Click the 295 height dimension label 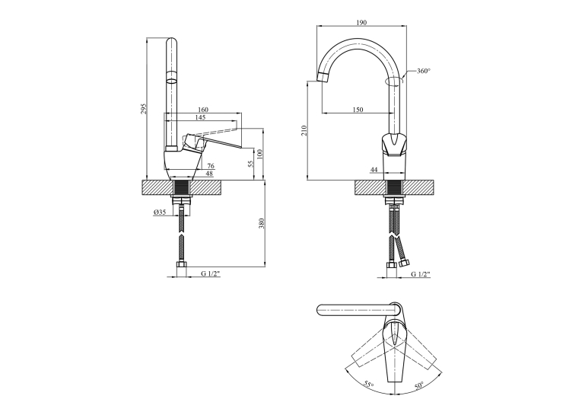[x=145, y=108]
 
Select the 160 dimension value [x=203, y=110]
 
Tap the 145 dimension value [x=199, y=117]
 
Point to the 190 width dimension [x=361, y=23]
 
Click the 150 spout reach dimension [x=358, y=110]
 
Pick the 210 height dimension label [x=304, y=130]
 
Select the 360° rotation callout [x=424, y=71]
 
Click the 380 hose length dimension [x=261, y=223]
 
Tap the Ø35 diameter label [x=159, y=212]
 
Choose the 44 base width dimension [x=374, y=170]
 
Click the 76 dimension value [x=211, y=166]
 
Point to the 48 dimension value [x=209, y=174]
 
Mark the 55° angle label [x=367, y=385]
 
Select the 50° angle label [x=419, y=385]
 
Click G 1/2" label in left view [x=211, y=274]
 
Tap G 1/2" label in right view [x=421, y=274]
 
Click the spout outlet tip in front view [x=322, y=77]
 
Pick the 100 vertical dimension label [x=259, y=154]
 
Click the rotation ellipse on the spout [x=394, y=81]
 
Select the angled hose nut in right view [x=404, y=264]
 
